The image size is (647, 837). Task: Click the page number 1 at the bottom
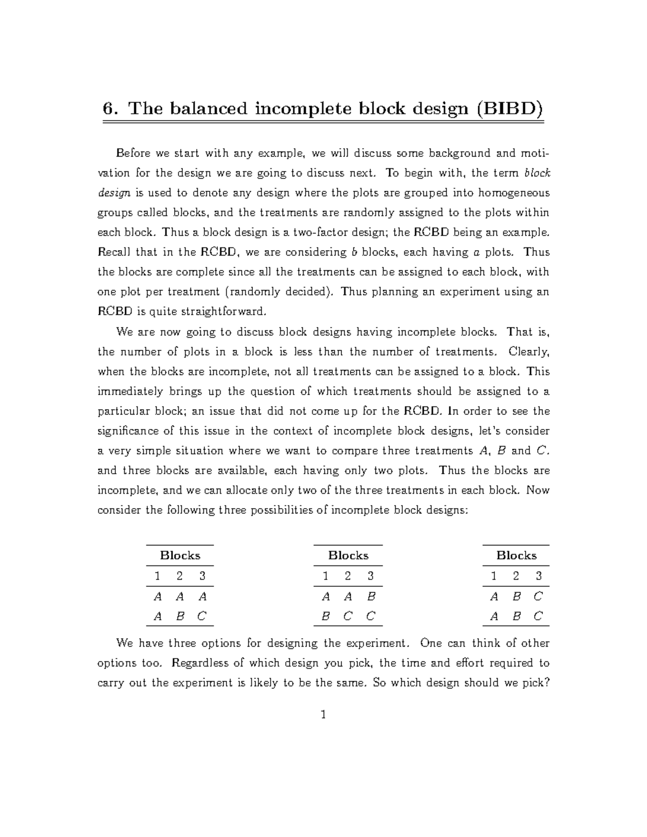(x=323, y=715)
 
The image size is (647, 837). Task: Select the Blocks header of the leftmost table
(x=180, y=555)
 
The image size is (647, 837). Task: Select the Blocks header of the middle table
(x=348, y=555)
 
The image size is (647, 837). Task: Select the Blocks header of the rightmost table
(x=517, y=555)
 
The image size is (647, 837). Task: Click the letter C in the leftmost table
(x=202, y=616)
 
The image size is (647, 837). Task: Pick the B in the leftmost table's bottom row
(x=180, y=616)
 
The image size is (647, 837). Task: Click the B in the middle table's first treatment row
(x=370, y=596)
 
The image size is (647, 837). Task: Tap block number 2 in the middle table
(x=348, y=576)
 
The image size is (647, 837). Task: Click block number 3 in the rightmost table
(x=539, y=576)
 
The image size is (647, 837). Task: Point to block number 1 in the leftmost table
(x=157, y=576)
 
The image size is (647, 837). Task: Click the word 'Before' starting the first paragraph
(x=133, y=153)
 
